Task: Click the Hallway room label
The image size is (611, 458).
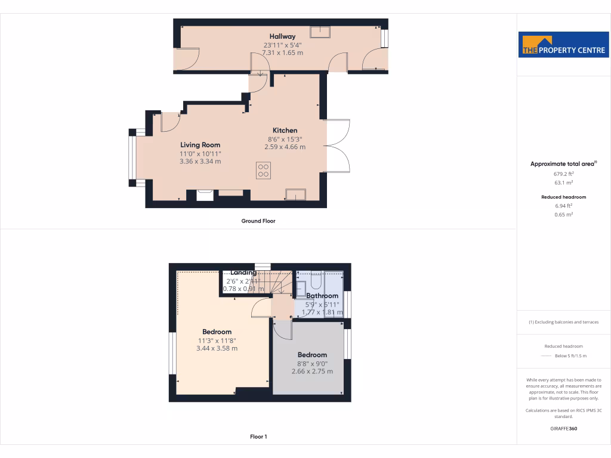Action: (282, 36)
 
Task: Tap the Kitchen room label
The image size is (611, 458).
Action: (285, 131)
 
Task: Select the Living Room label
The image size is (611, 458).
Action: (200, 145)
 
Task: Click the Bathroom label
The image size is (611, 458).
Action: (322, 296)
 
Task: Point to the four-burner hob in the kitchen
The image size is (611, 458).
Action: (263, 171)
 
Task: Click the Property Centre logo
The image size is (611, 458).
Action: (564, 45)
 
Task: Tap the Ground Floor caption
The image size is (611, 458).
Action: (258, 221)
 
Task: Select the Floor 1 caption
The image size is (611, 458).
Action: (258, 437)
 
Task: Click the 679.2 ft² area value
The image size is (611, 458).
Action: (564, 174)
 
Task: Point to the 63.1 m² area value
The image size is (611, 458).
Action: (564, 183)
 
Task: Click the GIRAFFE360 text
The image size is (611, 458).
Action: (564, 428)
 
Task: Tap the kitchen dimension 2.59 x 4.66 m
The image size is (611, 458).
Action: (285, 147)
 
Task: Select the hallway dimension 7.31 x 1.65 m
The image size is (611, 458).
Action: (282, 52)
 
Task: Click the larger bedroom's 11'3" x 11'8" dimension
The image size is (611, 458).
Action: (217, 341)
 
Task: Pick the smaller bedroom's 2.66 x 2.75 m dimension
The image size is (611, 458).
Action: (312, 372)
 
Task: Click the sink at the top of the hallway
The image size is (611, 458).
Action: (320, 32)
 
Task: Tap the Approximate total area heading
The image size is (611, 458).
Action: (563, 164)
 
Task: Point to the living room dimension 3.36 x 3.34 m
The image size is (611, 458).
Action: (200, 161)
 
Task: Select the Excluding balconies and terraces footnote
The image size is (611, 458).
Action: (564, 322)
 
